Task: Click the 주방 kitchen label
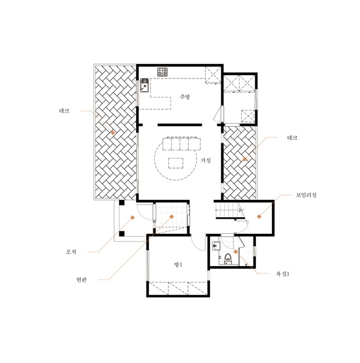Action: click(185, 96)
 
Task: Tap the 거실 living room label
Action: click(206, 160)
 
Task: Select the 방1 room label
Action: click(178, 264)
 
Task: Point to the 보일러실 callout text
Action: click(306, 195)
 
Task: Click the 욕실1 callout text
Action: click(283, 273)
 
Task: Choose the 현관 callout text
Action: click(81, 279)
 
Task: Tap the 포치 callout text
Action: click(71, 252)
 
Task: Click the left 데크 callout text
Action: click(65, 111)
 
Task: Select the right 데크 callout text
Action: click(293, 138)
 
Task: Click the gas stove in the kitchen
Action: click(162, 72)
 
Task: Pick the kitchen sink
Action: click(144, 85)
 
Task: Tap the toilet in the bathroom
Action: click(228, 258)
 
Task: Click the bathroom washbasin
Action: click(216, 246)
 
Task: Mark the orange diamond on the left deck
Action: click(113, 133)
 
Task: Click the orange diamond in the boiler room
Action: click(259, 217)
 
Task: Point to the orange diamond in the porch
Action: click(133, 217)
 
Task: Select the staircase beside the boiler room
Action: click(230, 210)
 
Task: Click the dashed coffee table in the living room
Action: click(176, 163)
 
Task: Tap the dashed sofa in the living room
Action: click(182, 144)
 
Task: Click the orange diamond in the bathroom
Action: click(236, 252)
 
